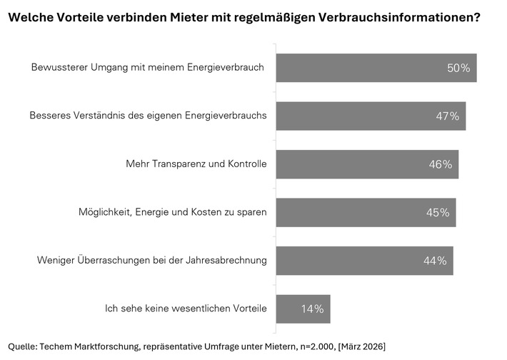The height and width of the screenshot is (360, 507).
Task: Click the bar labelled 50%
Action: pyautogui.click(x=376, y=68)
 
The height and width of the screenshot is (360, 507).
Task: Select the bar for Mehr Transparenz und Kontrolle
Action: pyautogui.click(x=367, y=164)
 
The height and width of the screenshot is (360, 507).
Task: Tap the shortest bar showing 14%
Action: pyautogui.click(x=303, y=309)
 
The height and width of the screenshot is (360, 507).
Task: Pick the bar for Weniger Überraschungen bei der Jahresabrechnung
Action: pyautogui.click(x=364, y=261)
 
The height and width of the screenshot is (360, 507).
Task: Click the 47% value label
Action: pyautogui.click(x=448, y=116)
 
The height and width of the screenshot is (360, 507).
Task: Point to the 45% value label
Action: pyautogui.click(x=438, y=213)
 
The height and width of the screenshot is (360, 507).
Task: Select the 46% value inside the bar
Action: pyautogui.click(x=441, y=164)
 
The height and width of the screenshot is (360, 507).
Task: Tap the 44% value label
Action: pyautogui.click(x=435, y=261)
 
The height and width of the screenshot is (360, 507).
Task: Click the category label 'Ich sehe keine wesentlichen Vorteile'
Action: pyautogui.click(x=185, y=309)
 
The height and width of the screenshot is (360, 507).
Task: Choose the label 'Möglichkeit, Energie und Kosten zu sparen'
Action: pyautogui.click(x=172, y=212)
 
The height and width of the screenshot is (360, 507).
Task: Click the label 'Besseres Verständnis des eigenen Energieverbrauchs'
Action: pyautogui.click(x=148, y=116)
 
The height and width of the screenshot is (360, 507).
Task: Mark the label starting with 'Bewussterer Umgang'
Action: pyautogui.click(x=148, y=67)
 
